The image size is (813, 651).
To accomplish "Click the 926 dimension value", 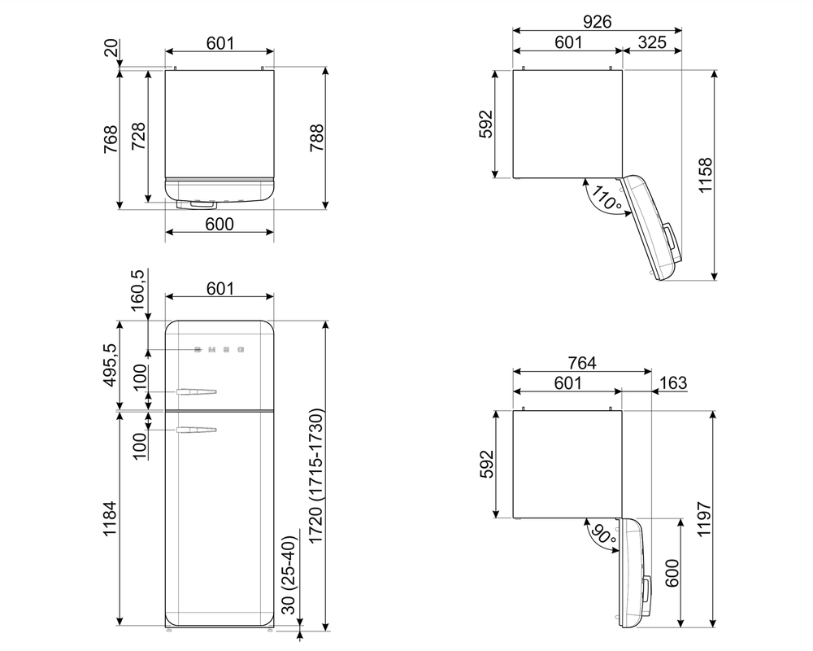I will click(x=597, y=21).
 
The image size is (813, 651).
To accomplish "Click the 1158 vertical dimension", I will click(x=704, y=175).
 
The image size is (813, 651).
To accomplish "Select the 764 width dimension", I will click(x=581, y=363).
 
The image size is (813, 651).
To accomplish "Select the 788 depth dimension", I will click(x=316, y=139).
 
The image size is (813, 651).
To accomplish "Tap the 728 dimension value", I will click(x=138, y=136).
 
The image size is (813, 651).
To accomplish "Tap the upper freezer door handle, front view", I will click(x=195, y=393).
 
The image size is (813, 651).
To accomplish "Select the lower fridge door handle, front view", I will click(x=195, y=429).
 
